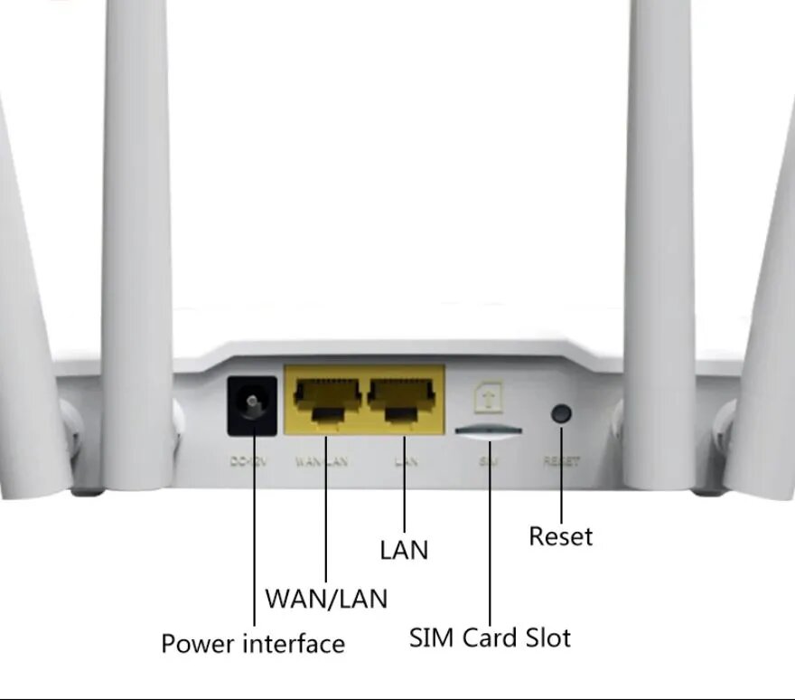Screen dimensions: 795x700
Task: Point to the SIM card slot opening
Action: [489, 432]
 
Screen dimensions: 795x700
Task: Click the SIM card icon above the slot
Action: [489, 395]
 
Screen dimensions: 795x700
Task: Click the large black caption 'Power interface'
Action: [253, 644]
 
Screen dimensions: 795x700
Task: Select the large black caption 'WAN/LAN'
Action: [326, 598]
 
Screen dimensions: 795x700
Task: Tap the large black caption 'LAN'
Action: [404, 549]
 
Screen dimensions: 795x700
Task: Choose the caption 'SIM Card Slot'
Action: [490, 638]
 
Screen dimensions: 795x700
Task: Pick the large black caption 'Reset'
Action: [561, 535]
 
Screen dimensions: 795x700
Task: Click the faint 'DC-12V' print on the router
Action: [248, 461]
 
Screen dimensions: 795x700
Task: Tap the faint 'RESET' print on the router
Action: [561, 461]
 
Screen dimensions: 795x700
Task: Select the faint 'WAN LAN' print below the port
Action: [323, 461]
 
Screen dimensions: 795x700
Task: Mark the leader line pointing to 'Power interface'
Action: [254, 543]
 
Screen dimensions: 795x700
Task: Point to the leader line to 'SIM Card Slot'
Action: [490, 543]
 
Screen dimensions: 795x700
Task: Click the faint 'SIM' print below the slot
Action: [488, 461]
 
